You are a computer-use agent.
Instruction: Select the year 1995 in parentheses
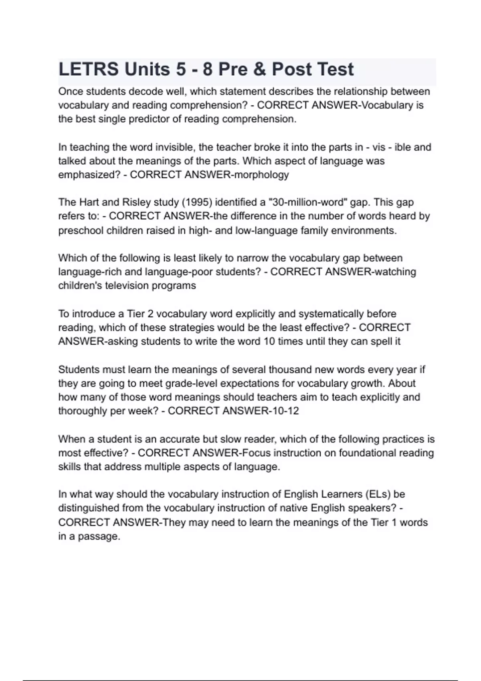pyautogui.click(x=197, y=202)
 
